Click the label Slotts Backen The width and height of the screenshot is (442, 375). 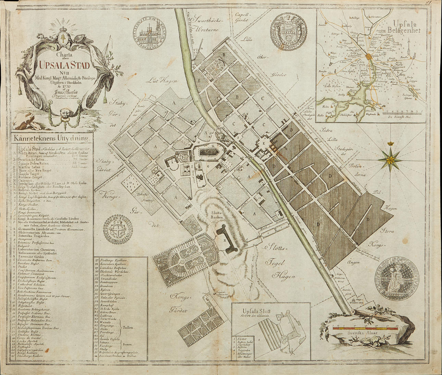click(x=217, y=215)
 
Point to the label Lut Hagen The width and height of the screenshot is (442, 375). click(x=163, y=81)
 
